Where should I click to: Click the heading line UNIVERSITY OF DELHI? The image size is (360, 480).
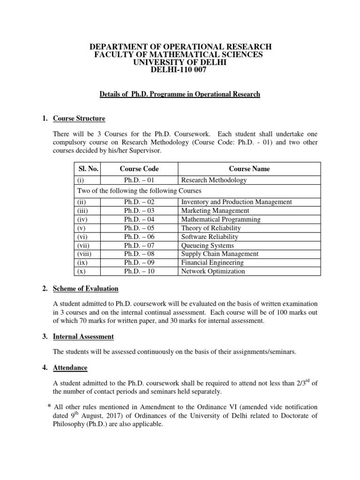[x=180, y=62]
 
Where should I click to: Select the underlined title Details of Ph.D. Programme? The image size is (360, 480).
[x=180, y=94]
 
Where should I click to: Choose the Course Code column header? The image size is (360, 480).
[x=139, y=169]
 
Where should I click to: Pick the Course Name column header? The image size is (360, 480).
[x=249, y=169]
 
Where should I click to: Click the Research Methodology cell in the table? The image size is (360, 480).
[x=214, y=180]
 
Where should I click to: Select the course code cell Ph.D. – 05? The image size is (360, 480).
[x=139, y=228]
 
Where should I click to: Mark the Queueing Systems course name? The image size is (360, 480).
[x=207, y=245]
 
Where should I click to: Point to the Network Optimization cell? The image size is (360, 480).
[x=213, y=271]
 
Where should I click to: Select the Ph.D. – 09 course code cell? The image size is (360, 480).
[x=139, y=262]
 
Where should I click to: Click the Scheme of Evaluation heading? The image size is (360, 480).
[x=85, y=288]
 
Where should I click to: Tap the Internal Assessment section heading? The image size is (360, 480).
[x=84, y=337]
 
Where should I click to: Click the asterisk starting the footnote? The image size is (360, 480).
[x=49, y=405]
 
